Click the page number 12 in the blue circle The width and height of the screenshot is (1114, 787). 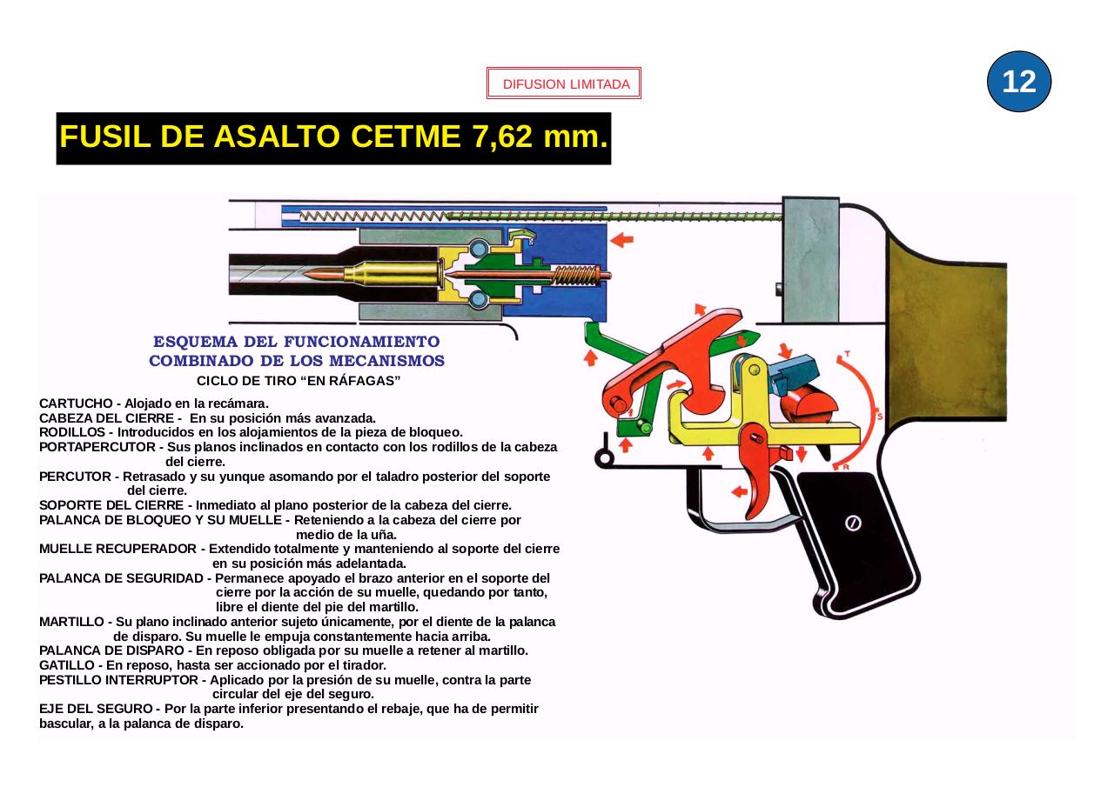click(x=1019, y=82)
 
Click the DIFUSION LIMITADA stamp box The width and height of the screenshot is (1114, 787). click(x=564, y=84)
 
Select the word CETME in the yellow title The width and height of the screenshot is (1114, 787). click(x=408, y=137)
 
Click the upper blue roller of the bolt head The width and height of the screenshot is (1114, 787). click(x=479, y=250)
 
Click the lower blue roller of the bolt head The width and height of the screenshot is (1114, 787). click(x=479, y=301)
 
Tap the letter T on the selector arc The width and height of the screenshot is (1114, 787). click(x=848, y=355)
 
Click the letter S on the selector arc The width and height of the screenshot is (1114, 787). click(x=880, y=417)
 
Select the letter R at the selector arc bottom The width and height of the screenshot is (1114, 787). click(x=845, y=467)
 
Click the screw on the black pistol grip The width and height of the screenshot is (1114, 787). click(x=854, y=523)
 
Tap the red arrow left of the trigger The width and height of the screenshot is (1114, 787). click(x=739, y=491)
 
